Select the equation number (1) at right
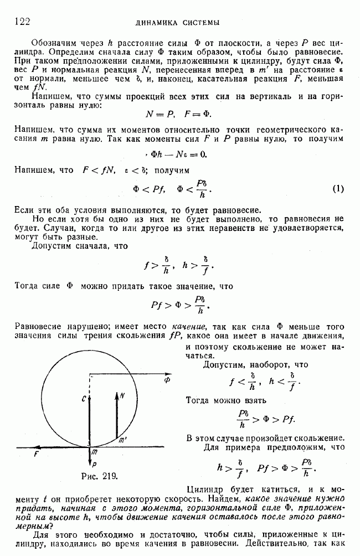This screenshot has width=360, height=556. pos(338,189)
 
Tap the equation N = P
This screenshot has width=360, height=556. pos(159,113)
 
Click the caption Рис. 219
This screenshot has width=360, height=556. pos(99,475)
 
